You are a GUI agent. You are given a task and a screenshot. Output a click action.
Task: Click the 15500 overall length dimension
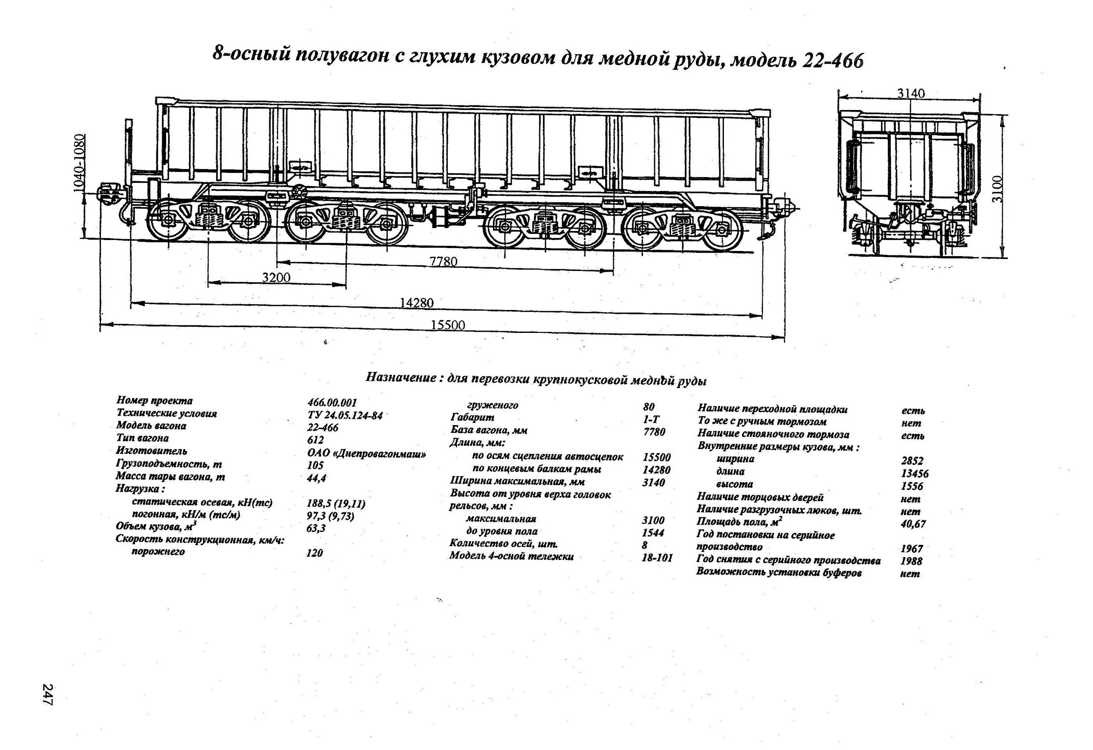pos(448,325)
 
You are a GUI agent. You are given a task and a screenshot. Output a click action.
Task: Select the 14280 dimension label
pos(417,302)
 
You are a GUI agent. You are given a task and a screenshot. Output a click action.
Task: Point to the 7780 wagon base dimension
pos(443,262)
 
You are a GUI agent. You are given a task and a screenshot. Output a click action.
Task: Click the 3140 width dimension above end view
pos(910,93)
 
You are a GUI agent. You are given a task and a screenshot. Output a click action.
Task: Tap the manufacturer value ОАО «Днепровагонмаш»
pos(367,454)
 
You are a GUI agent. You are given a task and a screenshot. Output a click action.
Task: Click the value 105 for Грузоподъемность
pos(315,465)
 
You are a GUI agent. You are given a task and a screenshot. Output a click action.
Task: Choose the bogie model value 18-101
pos(657,558)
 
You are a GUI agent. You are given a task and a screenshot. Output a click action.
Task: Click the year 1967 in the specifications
pos(912,548)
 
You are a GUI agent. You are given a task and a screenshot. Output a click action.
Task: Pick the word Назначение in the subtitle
pos(401,378)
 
